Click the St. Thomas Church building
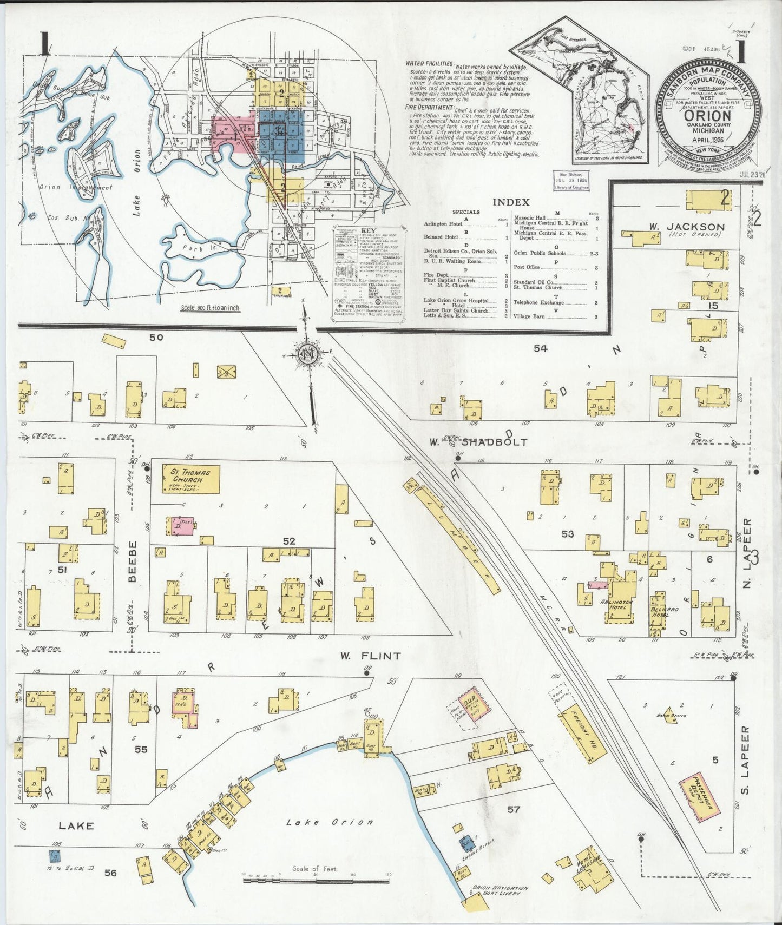tap(191, 479)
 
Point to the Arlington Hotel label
tap(616, 604)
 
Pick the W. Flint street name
tap(371, 656)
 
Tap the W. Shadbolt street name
tap(478, 442)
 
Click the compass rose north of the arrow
tap(309, 354)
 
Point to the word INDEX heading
tap(510, 202)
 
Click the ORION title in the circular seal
tap(708, 115)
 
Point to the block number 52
tap(289, 541)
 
